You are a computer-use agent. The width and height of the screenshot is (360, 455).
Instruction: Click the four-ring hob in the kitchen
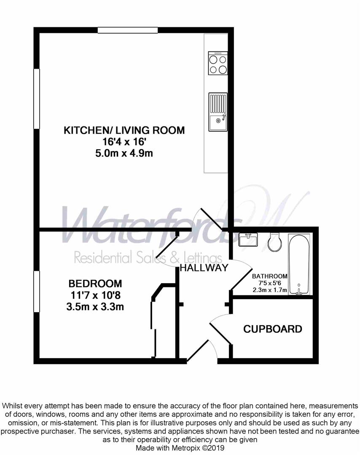pos(218,64)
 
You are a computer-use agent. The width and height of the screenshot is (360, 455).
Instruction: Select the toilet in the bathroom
pos(274,242)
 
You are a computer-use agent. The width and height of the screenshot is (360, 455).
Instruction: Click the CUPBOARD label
pos(273,329)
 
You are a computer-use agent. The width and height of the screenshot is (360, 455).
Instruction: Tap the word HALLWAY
pos(204,268)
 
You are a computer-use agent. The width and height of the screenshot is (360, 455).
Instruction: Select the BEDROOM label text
pos(95,284)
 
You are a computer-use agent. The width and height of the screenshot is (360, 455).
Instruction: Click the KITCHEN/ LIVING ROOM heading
pos(124,130)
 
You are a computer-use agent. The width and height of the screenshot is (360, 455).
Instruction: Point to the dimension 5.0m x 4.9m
pos(124,153)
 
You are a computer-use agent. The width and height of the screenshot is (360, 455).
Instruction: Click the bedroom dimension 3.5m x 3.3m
pos(95,307)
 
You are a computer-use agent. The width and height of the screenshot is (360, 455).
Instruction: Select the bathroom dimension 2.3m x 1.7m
pos(269,290)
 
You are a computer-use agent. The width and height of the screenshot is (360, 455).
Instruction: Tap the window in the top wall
pos(128,30)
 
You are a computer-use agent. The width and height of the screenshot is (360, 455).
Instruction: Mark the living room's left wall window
pos(37,98)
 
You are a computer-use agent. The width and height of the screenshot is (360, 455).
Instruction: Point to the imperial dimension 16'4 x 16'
pos(124,142)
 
